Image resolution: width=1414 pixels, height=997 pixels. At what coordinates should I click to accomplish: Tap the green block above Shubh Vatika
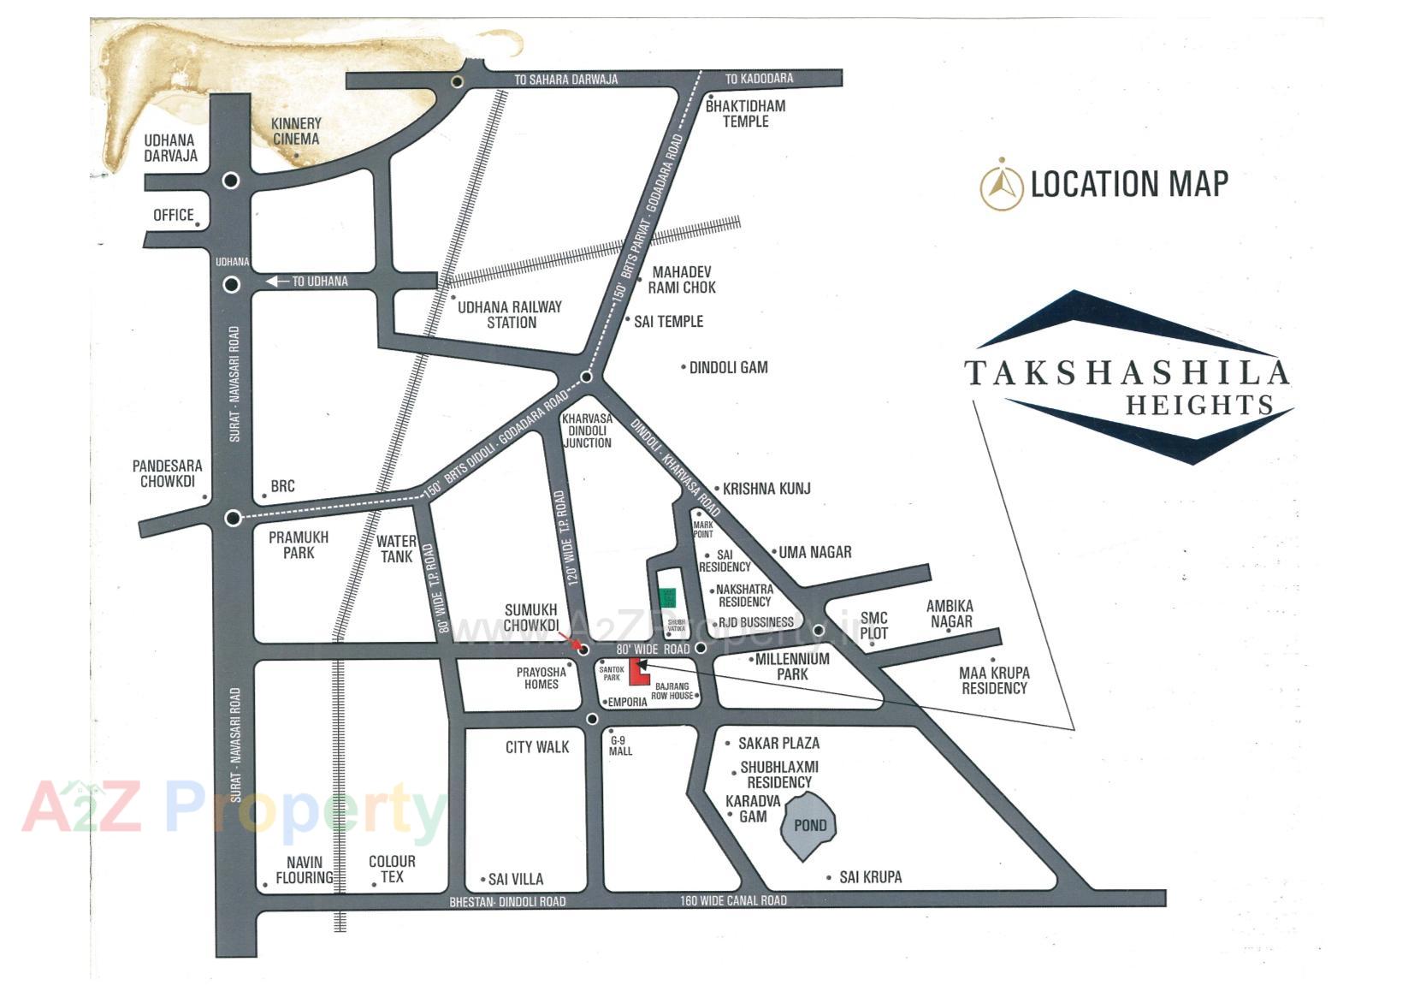coord(667,597)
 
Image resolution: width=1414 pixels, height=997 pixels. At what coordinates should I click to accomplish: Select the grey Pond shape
coord(809,826)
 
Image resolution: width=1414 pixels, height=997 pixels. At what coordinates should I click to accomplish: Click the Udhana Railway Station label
coord(510,314)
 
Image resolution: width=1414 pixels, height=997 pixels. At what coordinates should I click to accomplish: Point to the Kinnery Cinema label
coord(295,131)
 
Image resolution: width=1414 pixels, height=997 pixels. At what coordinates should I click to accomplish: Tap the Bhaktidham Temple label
coord(745,113)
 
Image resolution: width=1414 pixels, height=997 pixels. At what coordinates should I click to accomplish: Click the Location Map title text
coord(1129,184)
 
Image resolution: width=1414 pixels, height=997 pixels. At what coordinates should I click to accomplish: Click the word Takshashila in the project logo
coord(1127,373)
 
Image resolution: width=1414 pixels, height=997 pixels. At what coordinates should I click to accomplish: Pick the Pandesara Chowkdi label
coord(167,473)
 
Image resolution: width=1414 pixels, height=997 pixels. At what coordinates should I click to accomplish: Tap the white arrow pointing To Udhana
coord(277,281)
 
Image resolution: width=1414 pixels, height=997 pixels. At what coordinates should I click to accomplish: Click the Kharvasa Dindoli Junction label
coord(587,430)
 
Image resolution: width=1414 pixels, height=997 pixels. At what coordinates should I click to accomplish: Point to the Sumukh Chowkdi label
coord(530,617)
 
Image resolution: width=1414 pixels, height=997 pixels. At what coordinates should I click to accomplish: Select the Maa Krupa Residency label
coord(994,680)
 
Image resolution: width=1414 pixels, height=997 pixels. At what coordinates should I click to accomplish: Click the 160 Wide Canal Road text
coord(733,900)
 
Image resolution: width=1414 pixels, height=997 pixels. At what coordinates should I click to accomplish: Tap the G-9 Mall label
coord(620,745)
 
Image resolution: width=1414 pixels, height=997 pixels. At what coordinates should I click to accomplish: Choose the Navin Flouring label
coord(305,869)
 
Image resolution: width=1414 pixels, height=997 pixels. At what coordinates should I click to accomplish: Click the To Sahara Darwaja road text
coord(565,80)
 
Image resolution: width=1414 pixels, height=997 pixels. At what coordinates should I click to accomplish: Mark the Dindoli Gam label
coord(728,367)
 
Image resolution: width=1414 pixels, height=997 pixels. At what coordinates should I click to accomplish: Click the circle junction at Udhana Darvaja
coord(231,181)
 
